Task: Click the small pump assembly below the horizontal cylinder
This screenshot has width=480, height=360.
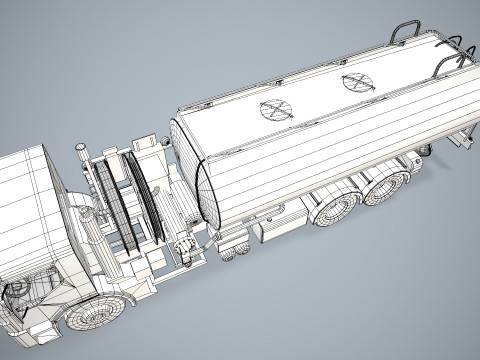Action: pos(183,246)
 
